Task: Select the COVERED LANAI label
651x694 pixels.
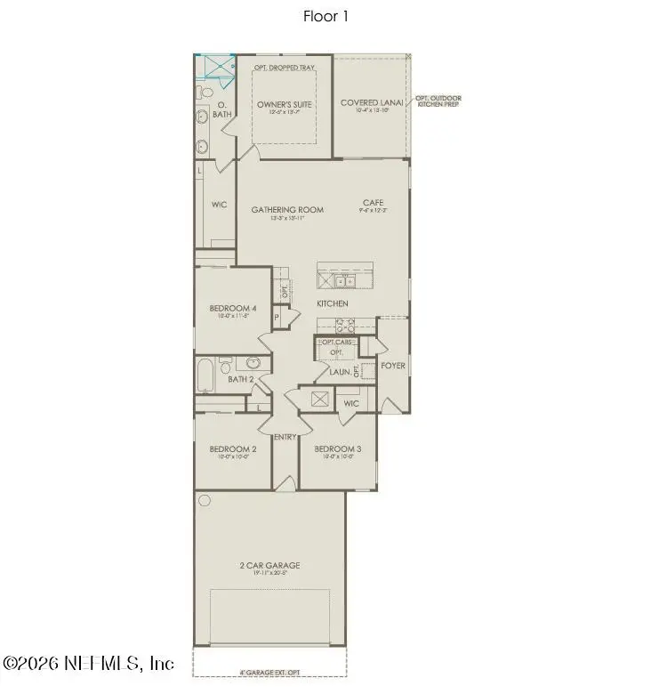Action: coord(371,103)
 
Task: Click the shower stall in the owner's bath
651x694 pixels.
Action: coord(215,68)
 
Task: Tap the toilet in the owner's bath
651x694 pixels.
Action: coord(206,92)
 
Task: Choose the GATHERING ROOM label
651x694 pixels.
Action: coord(286,210)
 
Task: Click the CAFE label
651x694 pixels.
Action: coord(373,203)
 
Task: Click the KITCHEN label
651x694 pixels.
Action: coord(333,304)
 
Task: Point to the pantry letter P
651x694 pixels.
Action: coord(277,316)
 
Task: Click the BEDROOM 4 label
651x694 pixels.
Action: coord(233,309)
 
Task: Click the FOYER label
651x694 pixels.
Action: coord(393,365)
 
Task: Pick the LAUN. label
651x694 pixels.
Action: coord(339,373)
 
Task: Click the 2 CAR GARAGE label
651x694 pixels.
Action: coord(269,565)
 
